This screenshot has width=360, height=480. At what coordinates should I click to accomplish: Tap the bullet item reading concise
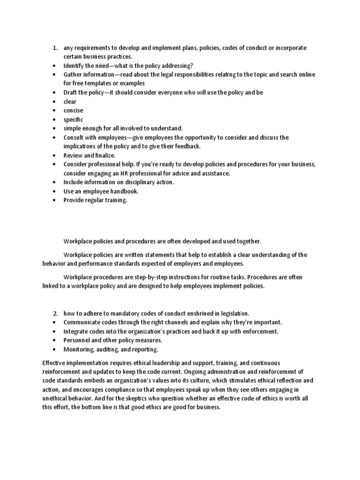pyautogui.click(x=74, y=111)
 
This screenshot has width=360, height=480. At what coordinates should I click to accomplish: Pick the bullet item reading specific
pyautogui.click(x=74, y=120)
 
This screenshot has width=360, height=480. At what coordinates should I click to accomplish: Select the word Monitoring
pyautogui.click(x=79, y=349)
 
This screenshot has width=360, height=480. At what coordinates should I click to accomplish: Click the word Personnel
pyautogui.click(x=77, y=340)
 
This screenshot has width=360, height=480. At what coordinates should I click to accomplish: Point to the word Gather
pyautogui.click(x=73, y=75)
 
